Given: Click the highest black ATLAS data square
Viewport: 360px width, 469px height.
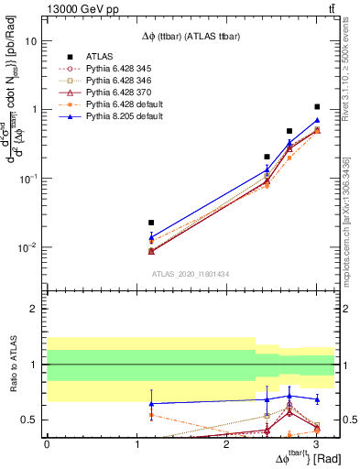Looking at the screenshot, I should pyautogui.click(x=317, y=107).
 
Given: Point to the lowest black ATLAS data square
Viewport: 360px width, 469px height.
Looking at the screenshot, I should pyautogui.click(x=151, y=223).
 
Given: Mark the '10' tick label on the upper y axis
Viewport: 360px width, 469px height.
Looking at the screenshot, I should pyautogui.click(x=30, y=41).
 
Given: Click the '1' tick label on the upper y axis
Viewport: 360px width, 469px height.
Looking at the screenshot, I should pyautogui.click(x=35, y=110).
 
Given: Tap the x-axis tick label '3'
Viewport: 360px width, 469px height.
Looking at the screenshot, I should pyautogui.click(x=316, y=444).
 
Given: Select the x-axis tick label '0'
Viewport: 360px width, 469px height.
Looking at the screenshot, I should pyautogui.click(x=47, y=444).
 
